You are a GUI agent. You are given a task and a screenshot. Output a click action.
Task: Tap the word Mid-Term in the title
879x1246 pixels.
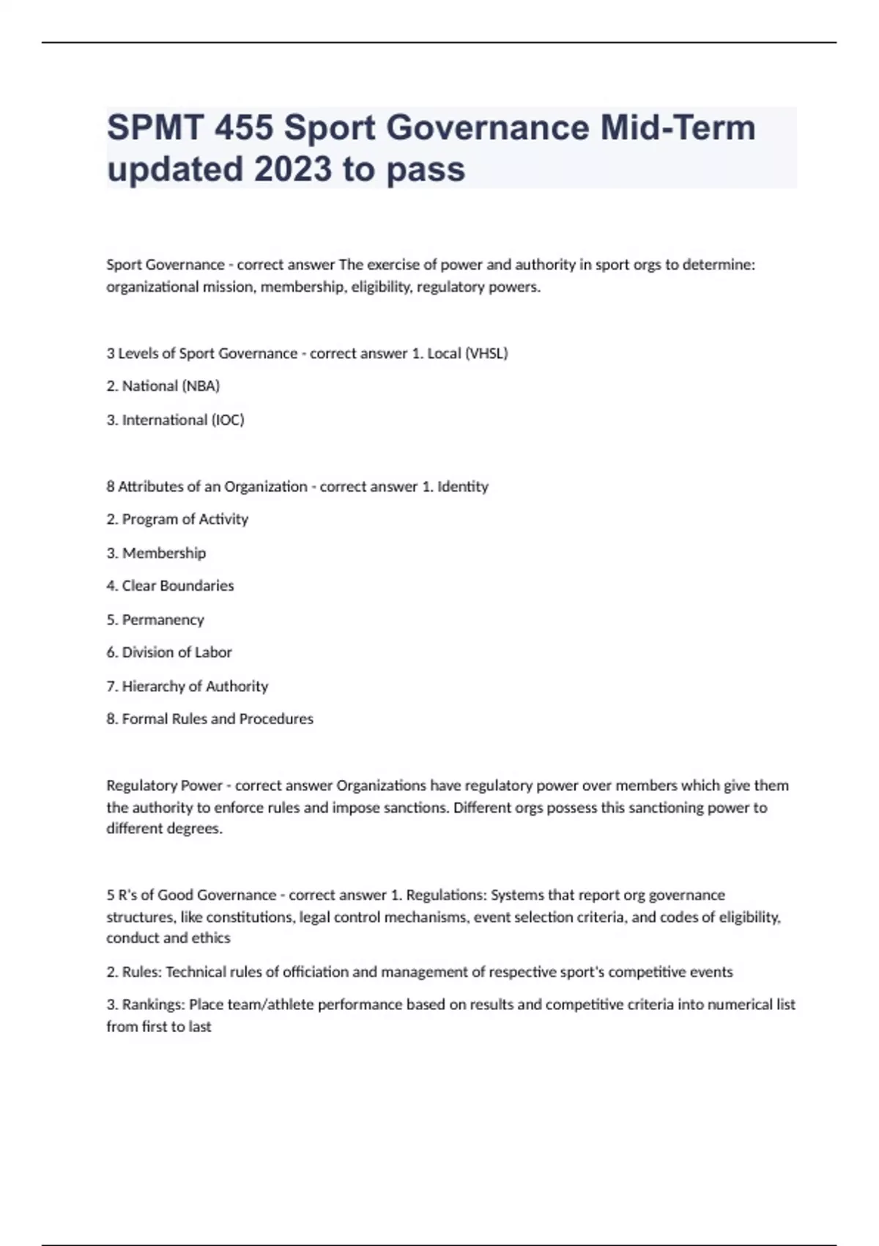click(x=678, y=128)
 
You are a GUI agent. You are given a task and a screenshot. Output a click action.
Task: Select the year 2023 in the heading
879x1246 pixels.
click(x=292, y=169)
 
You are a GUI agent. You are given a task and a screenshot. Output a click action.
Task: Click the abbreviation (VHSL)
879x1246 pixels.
click(x=486, y=353)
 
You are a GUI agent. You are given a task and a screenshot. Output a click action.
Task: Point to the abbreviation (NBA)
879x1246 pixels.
click(x=200, y=386)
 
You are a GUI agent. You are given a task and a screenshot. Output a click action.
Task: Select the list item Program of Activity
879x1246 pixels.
click(x=185, y=520)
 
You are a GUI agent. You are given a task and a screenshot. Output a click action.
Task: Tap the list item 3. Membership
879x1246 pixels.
click(x=156, y=553)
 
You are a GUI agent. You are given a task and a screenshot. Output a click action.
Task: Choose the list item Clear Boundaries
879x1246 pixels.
click(x=177, y=586)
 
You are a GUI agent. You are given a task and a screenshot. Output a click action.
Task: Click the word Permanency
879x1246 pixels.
click(x=163, y=620)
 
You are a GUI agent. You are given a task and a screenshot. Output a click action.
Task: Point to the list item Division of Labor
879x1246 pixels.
click(x=177, y=652)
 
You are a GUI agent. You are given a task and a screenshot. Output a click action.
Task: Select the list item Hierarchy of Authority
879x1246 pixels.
click(x=195, y=687)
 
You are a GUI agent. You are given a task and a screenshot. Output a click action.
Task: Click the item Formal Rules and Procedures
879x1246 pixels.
click(x=217, y=719)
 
